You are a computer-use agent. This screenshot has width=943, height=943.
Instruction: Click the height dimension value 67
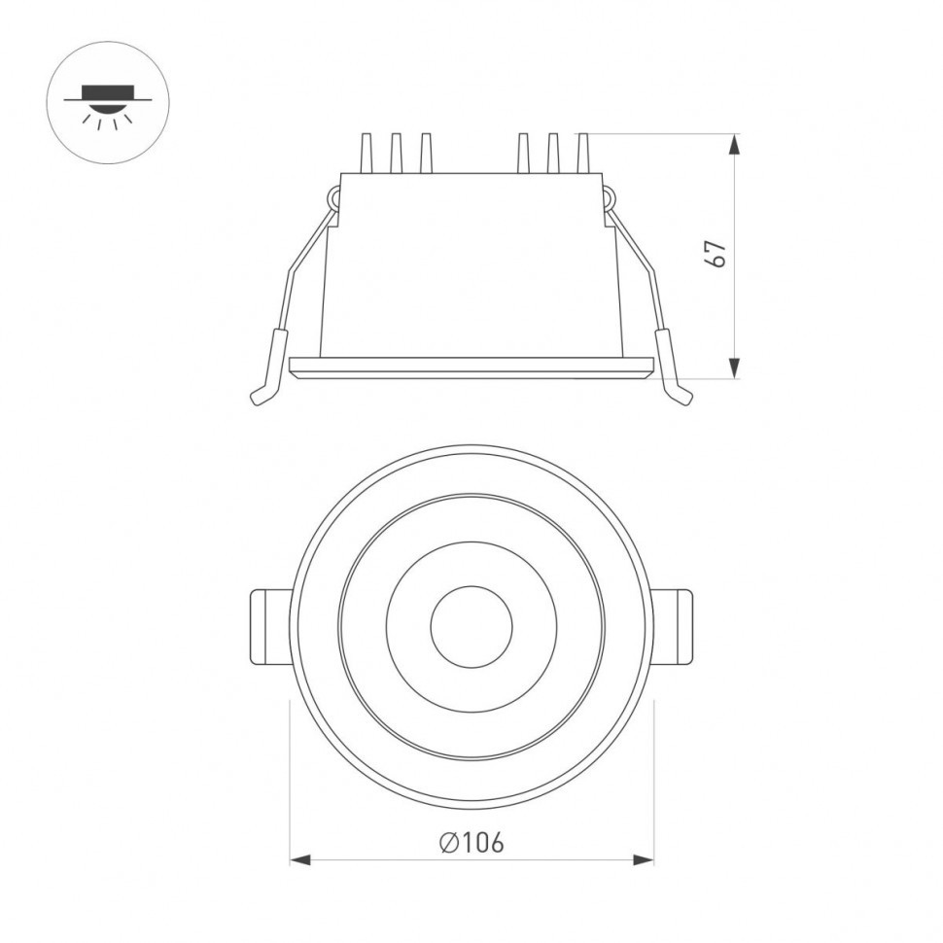pos(716,254)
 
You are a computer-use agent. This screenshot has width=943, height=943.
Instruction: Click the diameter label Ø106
pos(471,842)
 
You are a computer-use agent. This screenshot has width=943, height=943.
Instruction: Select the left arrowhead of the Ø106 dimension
pos(300,860)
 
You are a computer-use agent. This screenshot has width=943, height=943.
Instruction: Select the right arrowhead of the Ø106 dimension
pos(644,860)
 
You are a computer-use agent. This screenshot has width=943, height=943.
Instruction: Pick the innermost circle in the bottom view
pos(471,627)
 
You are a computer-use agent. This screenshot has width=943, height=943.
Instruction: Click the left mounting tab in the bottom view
pos(270,627)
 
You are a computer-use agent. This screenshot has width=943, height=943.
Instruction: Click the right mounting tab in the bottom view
pos(673,627)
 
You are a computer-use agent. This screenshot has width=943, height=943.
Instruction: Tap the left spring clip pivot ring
pos(332,199)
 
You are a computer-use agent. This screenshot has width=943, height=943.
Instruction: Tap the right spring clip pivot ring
pos(610,199)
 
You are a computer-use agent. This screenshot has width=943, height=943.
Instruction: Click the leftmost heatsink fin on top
pos(367,155)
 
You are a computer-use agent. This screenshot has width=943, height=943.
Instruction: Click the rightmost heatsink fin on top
pos(582,155)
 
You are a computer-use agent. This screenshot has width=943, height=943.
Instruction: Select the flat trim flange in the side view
pos(471,367)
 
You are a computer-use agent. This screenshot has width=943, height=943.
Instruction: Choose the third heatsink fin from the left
pos(425,155)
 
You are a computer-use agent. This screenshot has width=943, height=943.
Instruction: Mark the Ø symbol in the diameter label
pos(448,842)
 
